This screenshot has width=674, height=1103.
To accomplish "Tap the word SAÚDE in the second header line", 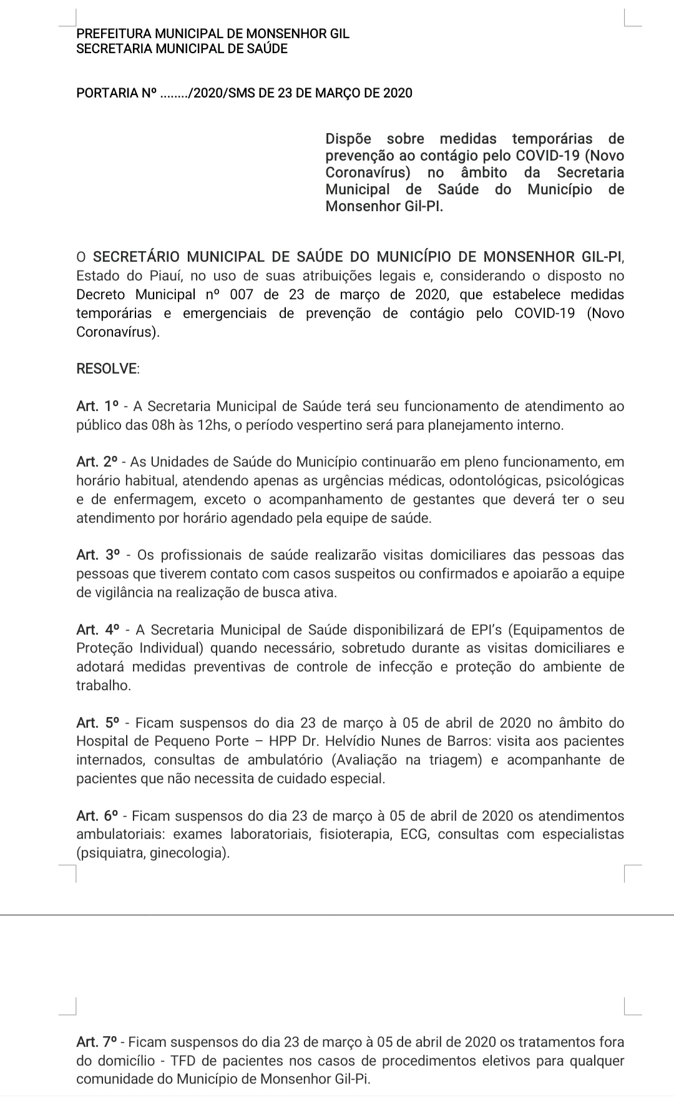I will (x=267, y=49).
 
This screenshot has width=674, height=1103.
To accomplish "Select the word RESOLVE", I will (x=106, y=368).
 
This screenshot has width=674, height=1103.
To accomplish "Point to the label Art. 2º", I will (x=97, y=462).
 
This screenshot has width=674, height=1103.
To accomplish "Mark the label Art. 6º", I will (x=97, y=816).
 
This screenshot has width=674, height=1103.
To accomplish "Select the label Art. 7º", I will (x=97, y=1042).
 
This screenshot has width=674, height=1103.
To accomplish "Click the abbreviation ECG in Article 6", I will (x=411, y=834).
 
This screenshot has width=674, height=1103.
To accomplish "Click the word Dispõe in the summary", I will (x=348, y=139).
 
